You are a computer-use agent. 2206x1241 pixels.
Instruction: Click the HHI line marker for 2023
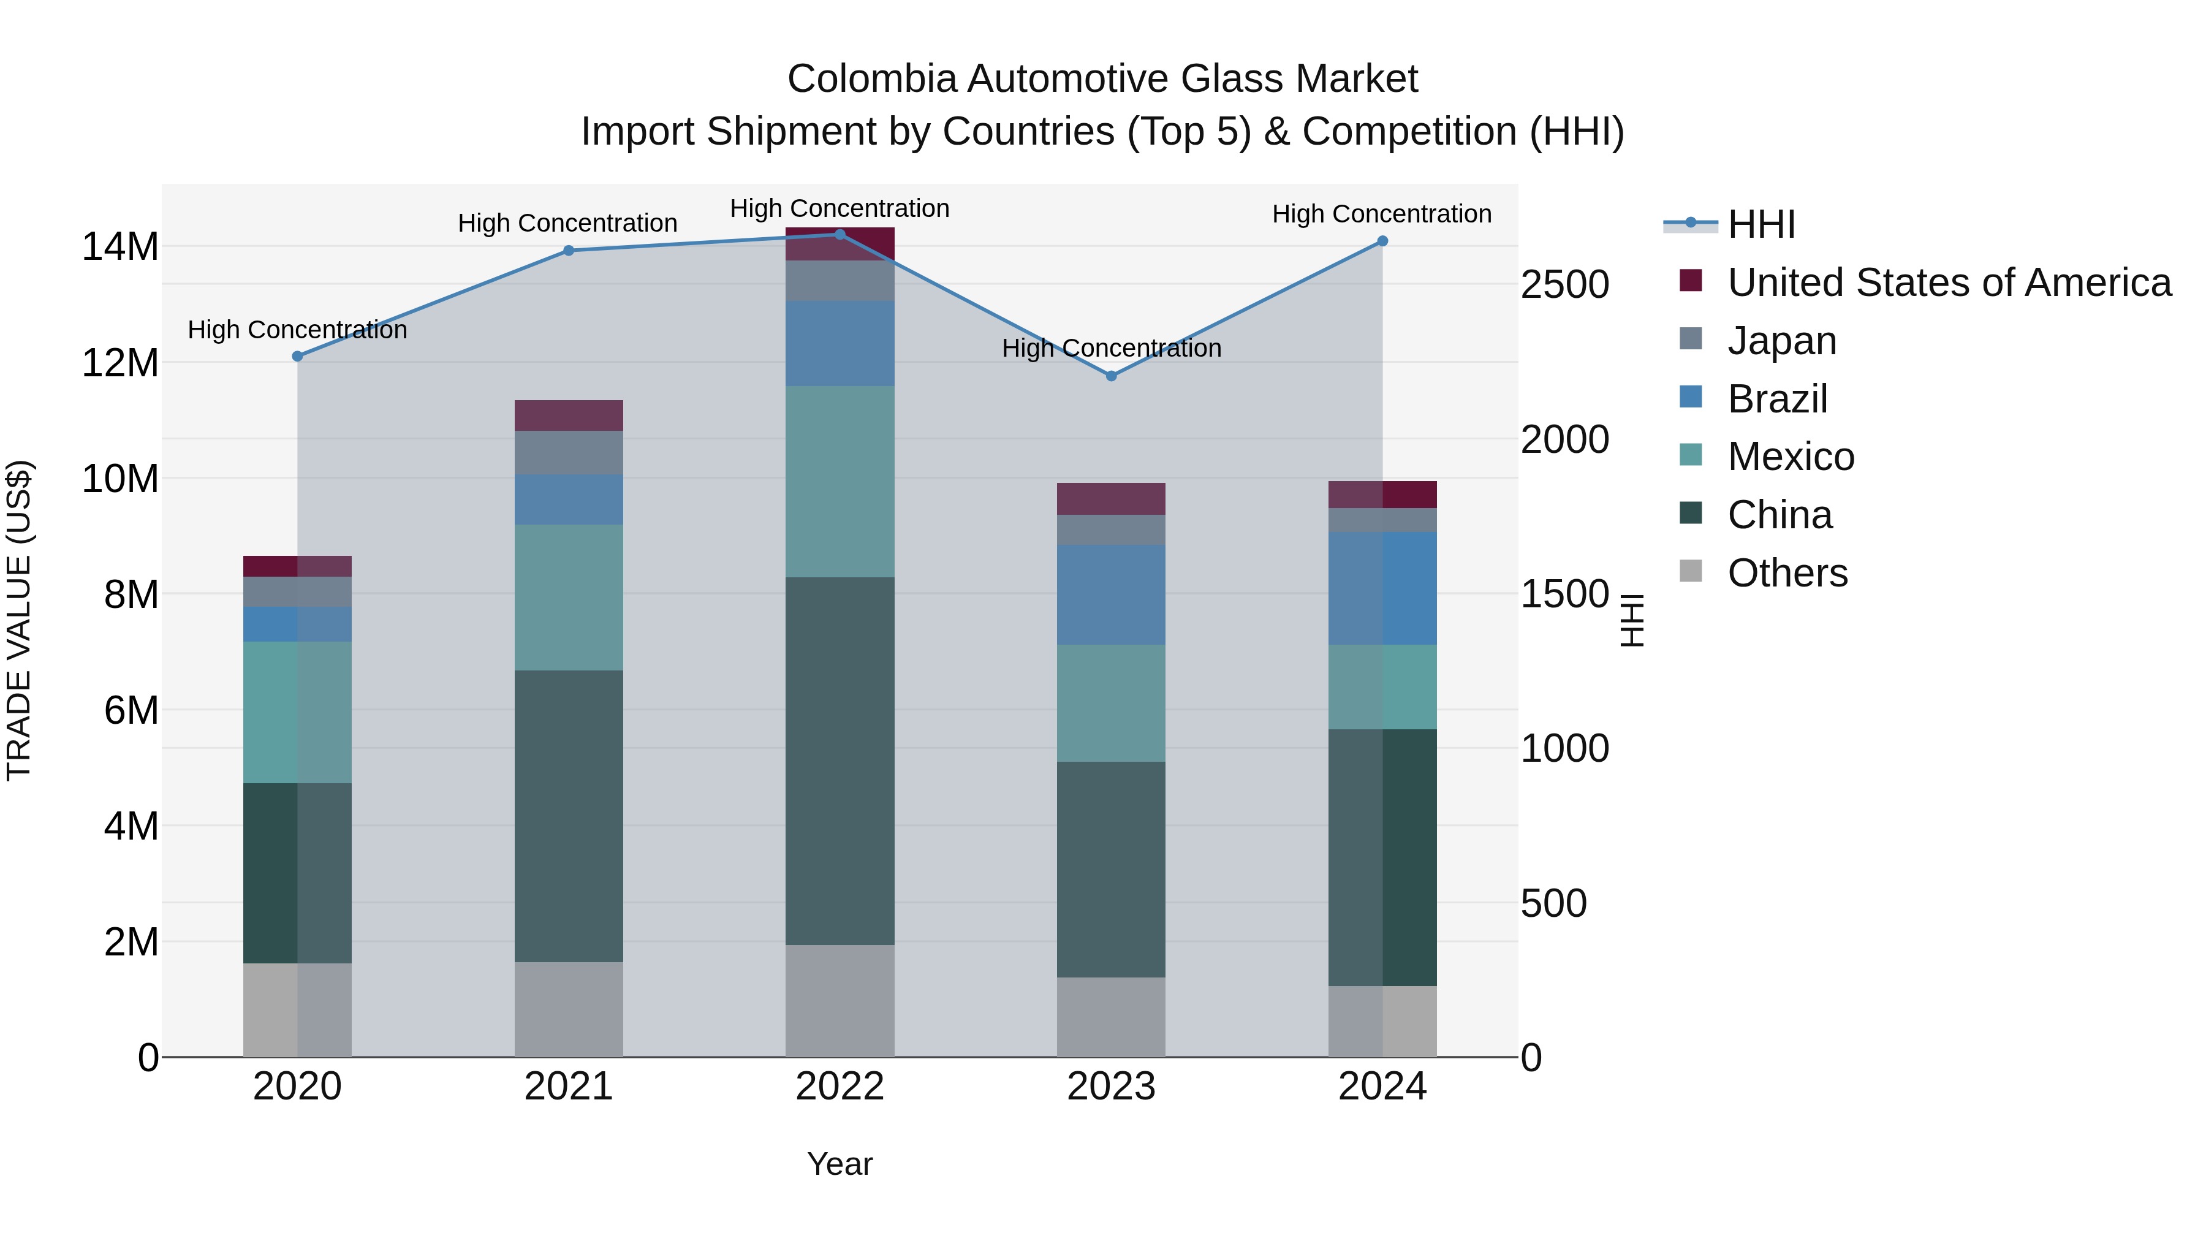pyautogui.click(x=1111, y=376)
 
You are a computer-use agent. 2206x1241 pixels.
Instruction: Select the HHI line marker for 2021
pyautogui.click(x=569, y=251)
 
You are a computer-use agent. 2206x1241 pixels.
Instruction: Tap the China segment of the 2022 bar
pyautogui.click(x=840, y=761)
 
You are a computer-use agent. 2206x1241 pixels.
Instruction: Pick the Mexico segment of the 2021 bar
pyautogui.click(x=569, y=597)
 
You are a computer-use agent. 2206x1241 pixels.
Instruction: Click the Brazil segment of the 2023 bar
pyautogui.click(x=1111, y=594)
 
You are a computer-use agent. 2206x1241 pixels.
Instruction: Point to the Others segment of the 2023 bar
pyautogui.click(x=1111, y=1017)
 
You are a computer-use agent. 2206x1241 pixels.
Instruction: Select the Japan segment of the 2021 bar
pyautogui.click(x=569, y=452)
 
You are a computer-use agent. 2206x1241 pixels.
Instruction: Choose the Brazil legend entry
pyautogui.click(x=1777, y=399)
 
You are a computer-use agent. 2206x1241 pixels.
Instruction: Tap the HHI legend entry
pyautogui.click(x=1761, y=224)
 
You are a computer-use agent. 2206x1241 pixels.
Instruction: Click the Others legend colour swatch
pyautogui.click(x=1691, y=571)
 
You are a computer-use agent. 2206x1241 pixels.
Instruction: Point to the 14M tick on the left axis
pyautogui.click(x=120, y=246)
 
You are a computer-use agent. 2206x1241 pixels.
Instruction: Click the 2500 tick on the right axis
pyautogui.click(x=1564, y=284)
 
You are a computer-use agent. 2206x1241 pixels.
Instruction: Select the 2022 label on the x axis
pyautogui.click(x=840, y=1087)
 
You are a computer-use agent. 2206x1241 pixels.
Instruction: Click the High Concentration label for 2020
pyautogui.click(x=297, y=330)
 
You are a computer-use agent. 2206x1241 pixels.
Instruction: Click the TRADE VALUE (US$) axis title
pyautogui.click(x=19, y=620)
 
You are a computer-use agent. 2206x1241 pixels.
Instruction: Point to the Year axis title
pyautogui.click(x=840, y=1164)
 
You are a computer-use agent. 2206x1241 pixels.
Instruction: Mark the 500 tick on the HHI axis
pyautogui.click(x=1553, y=903)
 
